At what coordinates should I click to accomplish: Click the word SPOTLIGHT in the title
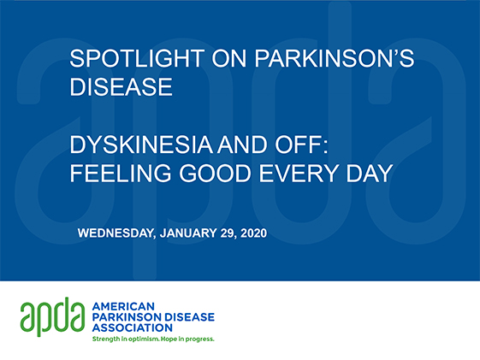(137, 58)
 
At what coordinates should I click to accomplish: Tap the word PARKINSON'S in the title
(335, 58)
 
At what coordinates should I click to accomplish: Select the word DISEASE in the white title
(121, 87)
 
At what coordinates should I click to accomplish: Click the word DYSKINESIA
(141, 145)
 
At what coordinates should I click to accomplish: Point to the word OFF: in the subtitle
(301, 145)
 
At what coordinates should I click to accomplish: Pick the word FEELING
(121, 174)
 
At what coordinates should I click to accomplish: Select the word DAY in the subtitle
(370, 174)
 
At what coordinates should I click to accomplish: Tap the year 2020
(254, 233)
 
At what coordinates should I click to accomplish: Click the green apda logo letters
(52, 316)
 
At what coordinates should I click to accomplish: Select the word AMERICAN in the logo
(123, 306)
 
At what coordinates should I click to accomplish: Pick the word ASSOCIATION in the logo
(133, 328)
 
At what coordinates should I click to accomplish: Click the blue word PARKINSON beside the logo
(127, 317)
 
